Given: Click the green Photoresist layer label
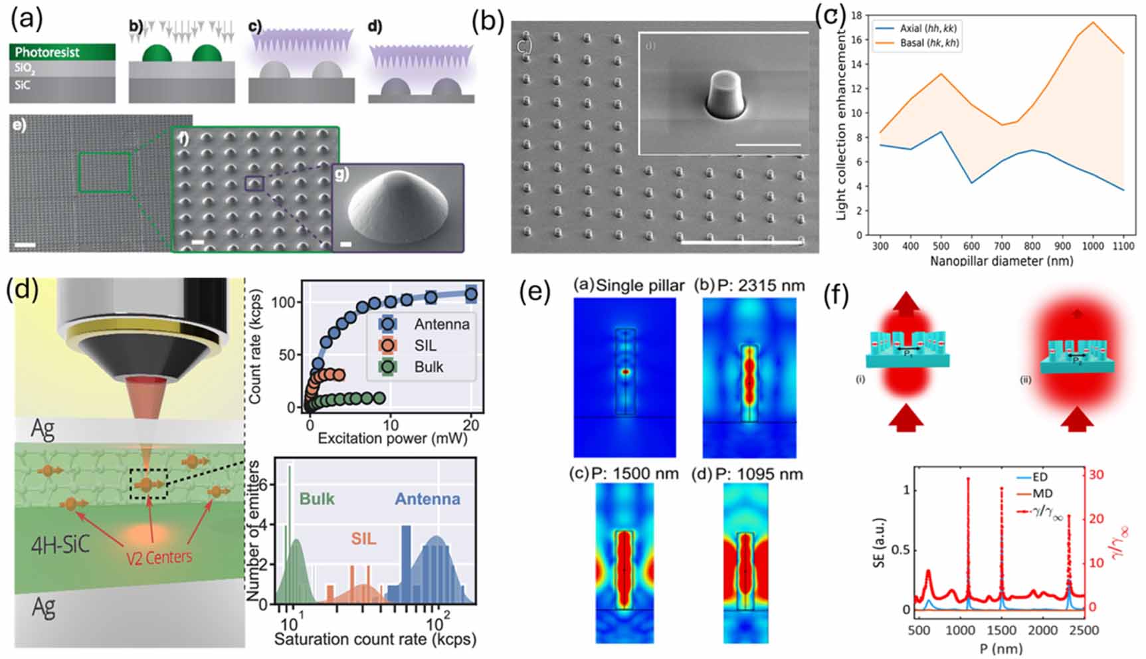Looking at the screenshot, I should click(47, 52).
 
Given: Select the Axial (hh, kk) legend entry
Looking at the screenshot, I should click(927, 29).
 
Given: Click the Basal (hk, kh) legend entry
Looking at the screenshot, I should click(929, 43).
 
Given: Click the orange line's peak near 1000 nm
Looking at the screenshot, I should click(1093, 23).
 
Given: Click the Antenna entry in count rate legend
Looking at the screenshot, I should click(441, 324).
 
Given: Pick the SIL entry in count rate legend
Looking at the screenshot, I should click(425, 345).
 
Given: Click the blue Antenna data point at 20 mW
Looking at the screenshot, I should click(470, 294).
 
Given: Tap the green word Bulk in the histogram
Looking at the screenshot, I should click(317, 500).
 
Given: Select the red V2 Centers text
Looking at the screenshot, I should click(159, 557).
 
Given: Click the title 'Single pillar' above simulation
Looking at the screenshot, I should click(640, 286).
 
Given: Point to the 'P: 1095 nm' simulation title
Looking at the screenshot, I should click(759, 474).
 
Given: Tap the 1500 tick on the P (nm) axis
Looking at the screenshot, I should click(1001, 630).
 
